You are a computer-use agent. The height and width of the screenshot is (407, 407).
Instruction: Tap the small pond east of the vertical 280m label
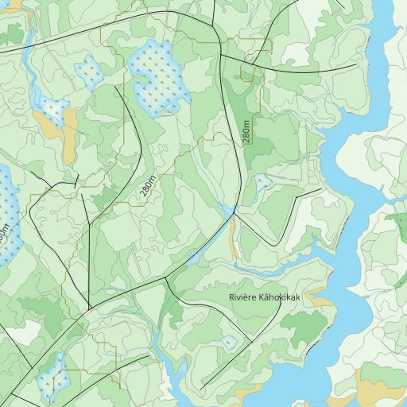pos(263,183)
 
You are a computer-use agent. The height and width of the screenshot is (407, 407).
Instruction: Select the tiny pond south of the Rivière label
pos(230,343)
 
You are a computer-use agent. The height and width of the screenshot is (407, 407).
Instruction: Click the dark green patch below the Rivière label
pos(304,325)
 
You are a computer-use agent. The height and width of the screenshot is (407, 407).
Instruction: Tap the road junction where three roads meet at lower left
pos(89,308)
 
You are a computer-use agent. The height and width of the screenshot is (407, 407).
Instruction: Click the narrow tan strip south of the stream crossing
pos(234,238)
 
